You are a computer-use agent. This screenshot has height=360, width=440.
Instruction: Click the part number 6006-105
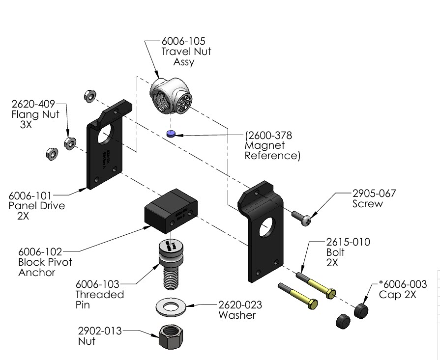coord(183,41)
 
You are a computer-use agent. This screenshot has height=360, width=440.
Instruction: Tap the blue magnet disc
coord(171,134)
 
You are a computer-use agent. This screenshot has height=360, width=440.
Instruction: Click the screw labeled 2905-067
coord(302,218)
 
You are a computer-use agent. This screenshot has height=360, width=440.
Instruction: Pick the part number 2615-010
coord(348,242)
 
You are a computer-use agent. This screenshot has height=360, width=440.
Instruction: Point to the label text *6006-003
coord(403,284)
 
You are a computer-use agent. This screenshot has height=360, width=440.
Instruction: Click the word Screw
coord(367,203)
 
